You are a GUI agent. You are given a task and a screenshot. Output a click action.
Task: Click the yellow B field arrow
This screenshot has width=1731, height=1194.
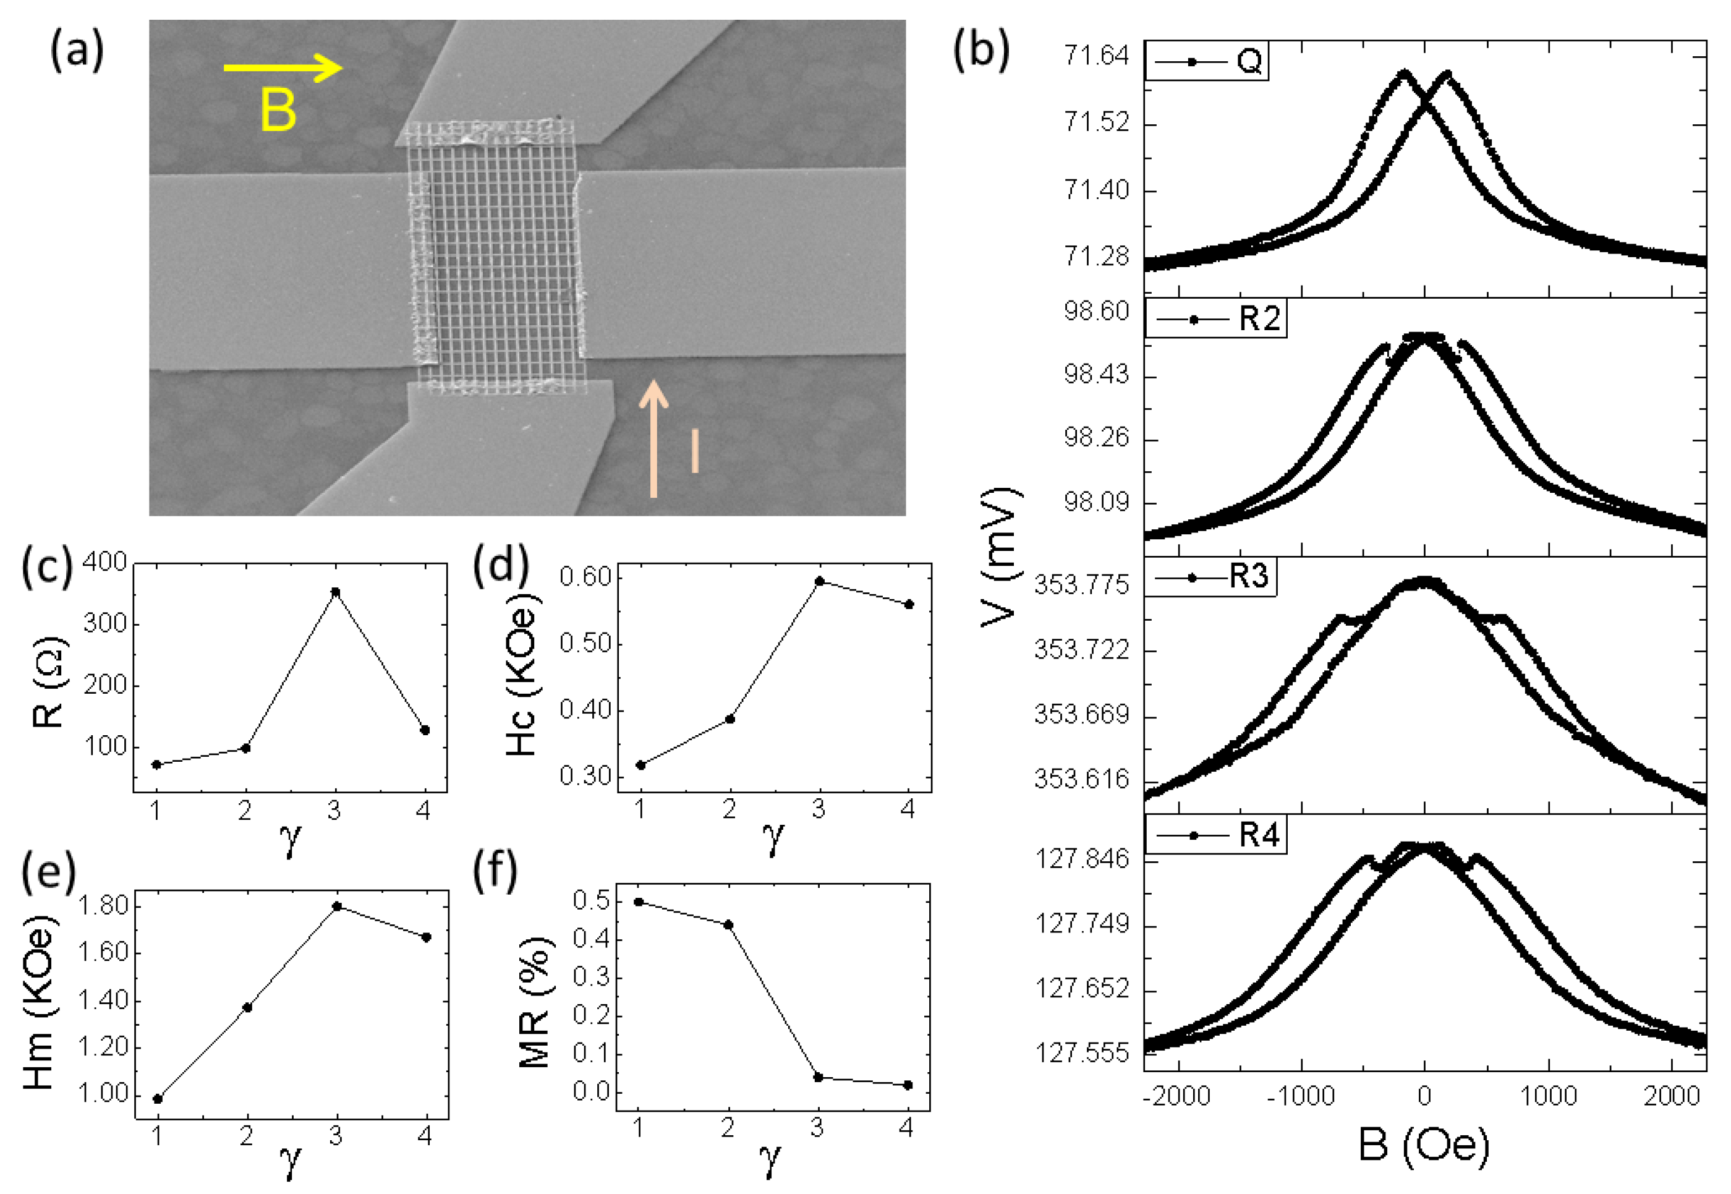tap(283, 68)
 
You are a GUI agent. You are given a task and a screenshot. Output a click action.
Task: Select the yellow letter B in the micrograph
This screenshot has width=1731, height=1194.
tap(278, 110)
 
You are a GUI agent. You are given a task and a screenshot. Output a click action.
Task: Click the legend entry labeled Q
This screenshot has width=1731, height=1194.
tap(1208, 61)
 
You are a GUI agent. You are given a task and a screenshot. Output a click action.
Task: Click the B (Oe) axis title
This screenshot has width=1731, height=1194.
tap(1424, 1145)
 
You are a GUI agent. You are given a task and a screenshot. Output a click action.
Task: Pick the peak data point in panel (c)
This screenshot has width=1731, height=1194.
tap(336, 592)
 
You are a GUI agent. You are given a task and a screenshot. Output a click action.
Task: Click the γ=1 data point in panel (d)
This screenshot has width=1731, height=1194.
tap(640, 765)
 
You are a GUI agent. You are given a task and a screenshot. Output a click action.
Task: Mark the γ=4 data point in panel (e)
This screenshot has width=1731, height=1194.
tap(427, 937)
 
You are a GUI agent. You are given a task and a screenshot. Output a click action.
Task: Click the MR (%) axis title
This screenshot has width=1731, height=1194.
tap(535, 1000)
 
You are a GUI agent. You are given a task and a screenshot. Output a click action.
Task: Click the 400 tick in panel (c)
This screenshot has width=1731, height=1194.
tap(104, 562)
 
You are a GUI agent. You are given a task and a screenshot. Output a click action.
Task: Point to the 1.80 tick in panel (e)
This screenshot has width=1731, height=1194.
tap(103, 906)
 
